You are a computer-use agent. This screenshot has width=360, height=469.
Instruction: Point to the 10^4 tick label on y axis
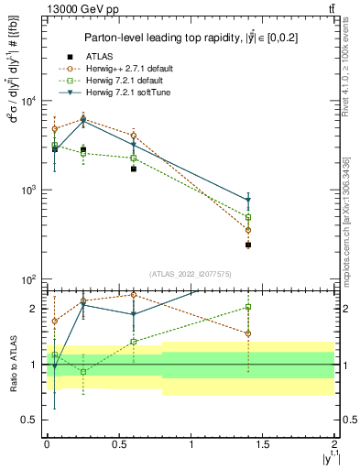tap(29, 101)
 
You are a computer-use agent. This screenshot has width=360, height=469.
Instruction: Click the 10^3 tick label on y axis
tap(29, 190)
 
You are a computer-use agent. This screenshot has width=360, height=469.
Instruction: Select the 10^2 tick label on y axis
tap(29, 278)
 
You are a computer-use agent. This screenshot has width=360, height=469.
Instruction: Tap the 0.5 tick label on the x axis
tap(118, 444)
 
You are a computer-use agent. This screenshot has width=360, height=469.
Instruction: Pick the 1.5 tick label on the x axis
tap(263, 444)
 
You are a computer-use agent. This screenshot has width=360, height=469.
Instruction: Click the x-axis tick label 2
tap(335, 444)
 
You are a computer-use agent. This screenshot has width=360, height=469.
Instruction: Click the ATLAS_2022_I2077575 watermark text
tap(191, 273)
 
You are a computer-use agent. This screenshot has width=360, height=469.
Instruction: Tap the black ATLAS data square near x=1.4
tap(248, 245)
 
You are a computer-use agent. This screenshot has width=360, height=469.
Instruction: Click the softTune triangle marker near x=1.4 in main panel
tap(248, 200)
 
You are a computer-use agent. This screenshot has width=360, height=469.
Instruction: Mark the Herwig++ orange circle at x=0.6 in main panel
tap(134, 136)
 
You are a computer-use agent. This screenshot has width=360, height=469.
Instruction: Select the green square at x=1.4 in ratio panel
tap(248, 307)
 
